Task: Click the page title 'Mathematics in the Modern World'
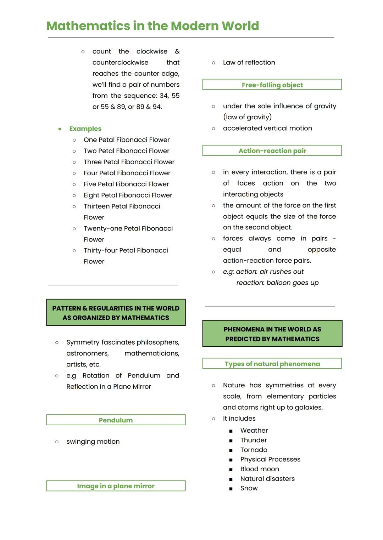pos(152,26)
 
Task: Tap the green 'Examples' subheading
pos(85,129)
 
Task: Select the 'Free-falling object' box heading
pos(272,85)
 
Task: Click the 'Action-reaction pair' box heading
pos(272,150)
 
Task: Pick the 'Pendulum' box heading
pos(116,420)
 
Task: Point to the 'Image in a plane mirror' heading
pos(116,486)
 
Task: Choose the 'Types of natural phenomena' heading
pos(272,364)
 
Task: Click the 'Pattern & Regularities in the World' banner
pos(116,313)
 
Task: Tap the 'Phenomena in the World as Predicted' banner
pos(272,334)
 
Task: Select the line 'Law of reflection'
pos(249,62)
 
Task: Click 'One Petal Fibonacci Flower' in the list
pos(127,140)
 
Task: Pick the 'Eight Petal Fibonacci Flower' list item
pos(128,195)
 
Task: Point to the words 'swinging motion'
pos(93,442)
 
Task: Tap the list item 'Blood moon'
pos(260,469)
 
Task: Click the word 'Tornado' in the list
pos(254,450)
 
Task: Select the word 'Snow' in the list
pos(249,488)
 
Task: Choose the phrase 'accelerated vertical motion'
pos(267,128)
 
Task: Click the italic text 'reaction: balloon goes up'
pos(277,283)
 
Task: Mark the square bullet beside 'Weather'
pos(231,431)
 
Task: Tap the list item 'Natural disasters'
pos(267,478)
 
